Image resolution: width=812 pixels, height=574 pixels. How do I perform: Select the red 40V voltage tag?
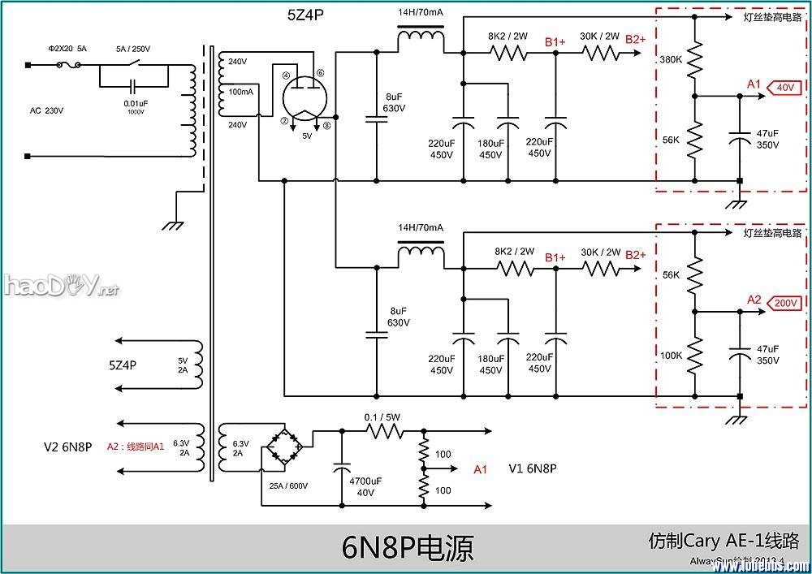[x=785, y=87]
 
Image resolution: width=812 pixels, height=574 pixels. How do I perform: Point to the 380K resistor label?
[x=670, y=60]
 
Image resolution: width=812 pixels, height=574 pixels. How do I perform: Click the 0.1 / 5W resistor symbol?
[x=382, y=431]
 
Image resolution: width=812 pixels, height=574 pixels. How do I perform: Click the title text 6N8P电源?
[x=407, y=549]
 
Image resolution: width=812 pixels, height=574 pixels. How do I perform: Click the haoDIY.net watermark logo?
[x=60, y=285]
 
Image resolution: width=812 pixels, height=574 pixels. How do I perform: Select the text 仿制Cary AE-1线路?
[x=723, y=541]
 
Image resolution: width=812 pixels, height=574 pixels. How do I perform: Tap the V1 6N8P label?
[x=532, y=469]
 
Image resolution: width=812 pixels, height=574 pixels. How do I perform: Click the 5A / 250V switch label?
[x=133, y=49]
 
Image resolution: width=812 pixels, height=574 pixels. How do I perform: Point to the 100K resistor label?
[x=671, y=356]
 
